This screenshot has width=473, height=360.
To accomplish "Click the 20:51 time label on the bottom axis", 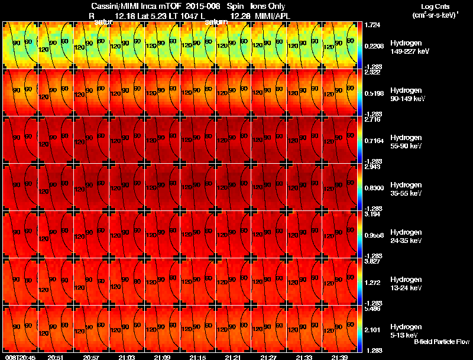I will pos(56,357).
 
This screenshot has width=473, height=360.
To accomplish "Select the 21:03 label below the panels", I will pos(127,357).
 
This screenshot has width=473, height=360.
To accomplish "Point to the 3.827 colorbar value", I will pos(372,262).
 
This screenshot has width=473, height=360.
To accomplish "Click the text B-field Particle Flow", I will pos(441,342).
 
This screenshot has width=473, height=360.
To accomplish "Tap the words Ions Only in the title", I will pos(268,6).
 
